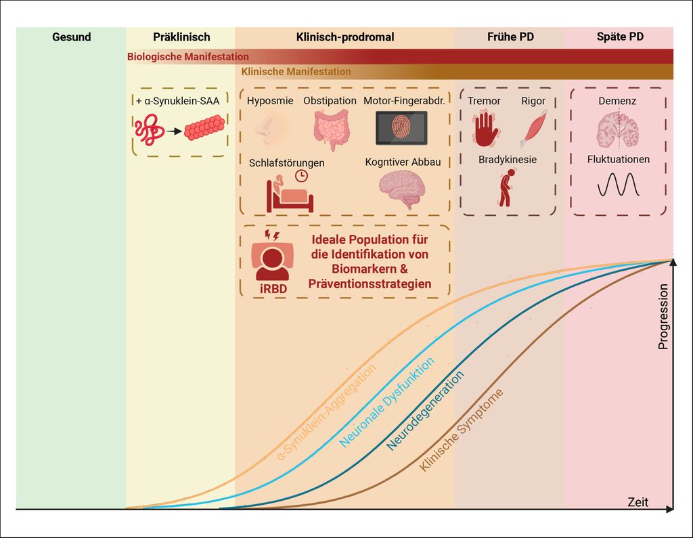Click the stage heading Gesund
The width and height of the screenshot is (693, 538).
click(x=71, y=37)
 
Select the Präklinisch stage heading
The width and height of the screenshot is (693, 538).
click(x=181, y=37)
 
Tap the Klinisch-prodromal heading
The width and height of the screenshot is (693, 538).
click(x=345, y=37)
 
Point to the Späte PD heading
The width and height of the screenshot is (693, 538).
click(x=620, y=37)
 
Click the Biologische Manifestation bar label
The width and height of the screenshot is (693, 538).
click(x=188, y=57)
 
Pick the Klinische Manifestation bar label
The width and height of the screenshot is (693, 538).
click(x=296, y=71)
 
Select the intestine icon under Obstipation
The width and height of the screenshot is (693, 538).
click(x=331, y=129)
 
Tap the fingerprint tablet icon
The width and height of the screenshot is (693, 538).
click(x=401, y=129)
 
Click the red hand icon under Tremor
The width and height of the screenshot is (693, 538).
click(x=485, y=129)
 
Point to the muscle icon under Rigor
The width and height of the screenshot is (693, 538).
click(x=533, y=129)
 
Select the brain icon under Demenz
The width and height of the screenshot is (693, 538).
click(x=617, y=130)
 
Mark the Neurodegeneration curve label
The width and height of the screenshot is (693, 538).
click(x=426, y=411)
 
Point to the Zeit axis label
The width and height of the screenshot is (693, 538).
click(x=638, y=502)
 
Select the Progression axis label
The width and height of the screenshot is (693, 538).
click(x=663, y=316)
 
